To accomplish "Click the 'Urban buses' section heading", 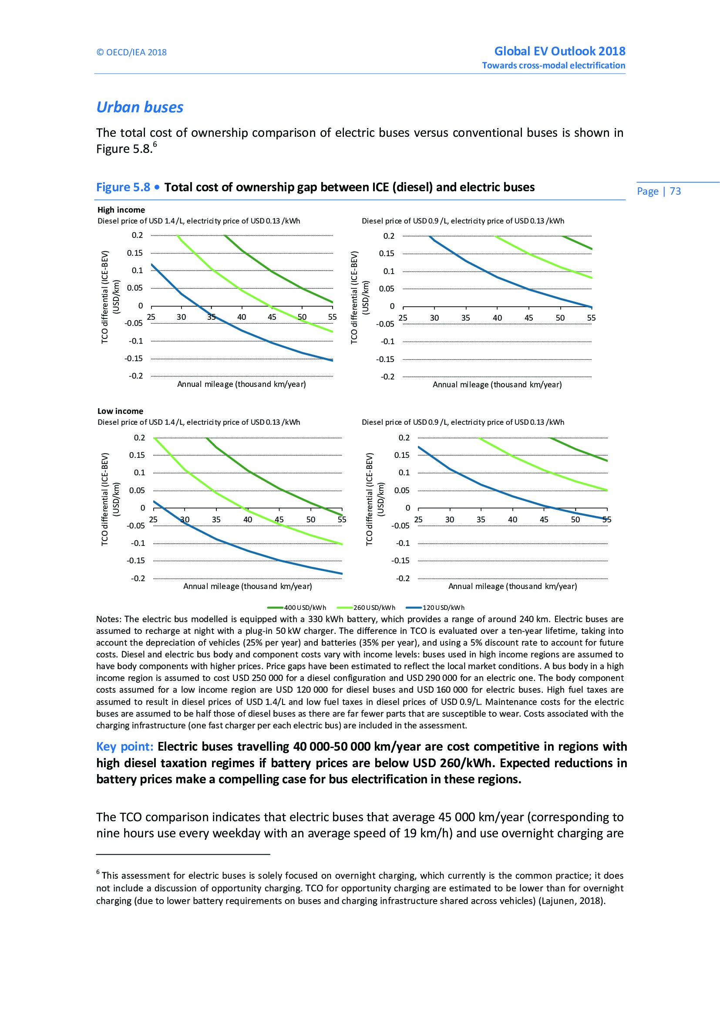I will point(140,108).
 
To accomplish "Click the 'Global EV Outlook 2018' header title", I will point(559,51).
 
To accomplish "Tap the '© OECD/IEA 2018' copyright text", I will point(131,52).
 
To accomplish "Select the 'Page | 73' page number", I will point(658,191).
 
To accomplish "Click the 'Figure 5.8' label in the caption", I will point(123,187).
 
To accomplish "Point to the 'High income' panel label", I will point(121,210).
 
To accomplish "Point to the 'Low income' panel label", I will point(120,411).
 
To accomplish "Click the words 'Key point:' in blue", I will point(124,747).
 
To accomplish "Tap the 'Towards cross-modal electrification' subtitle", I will point(554,66).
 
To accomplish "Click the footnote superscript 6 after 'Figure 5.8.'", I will point(155,145).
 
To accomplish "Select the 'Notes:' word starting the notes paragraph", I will point(109,619).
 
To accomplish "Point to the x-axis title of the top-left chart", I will point(242,384).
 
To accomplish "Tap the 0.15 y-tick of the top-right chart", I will point(387,254).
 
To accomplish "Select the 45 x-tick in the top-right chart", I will point(528,318).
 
